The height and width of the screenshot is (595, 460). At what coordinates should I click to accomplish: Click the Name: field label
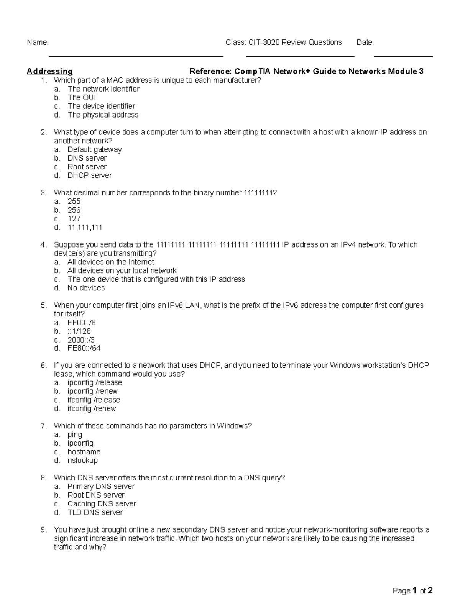pyautogui.click(x=38, y=43)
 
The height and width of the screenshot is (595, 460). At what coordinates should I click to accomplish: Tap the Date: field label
pyautogui.click(x=365, y=43)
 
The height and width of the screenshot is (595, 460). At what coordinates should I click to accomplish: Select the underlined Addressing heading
pyautogui.click(x=49, y=72)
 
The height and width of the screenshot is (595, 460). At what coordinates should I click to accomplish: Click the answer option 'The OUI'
pyautogui.click(x=82, y=98)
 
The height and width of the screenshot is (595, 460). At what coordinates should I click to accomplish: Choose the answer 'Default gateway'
pyautogui.click(x=95, y=150)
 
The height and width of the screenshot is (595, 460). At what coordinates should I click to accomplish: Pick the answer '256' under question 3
pyautogui.click(x=74, y=210)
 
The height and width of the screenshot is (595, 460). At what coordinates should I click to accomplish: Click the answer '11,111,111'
pyautogui.click(x=85, y=228)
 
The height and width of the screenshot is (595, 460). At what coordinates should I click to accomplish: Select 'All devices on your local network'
pyautogui.click(x=122, y=271)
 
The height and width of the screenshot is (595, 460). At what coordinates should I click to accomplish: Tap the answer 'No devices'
pyautogui.click(x=86, y=288)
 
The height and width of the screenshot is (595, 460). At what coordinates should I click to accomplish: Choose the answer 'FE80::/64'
pyautogui.click(x=84, y=348)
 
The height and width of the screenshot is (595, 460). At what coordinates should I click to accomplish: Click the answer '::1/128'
pyautogui.click(x=79, y=331)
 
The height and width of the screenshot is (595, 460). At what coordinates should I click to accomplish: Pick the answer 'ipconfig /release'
pyautogui.click(x=95, y=383)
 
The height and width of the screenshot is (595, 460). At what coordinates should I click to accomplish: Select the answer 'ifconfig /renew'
pyautogui.click(x=92, y=409)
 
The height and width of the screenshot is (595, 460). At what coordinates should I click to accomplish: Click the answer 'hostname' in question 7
pyautogui.click(x=84, y=452)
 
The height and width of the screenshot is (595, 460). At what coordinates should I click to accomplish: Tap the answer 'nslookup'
pyautogui.click(x=82, y=461)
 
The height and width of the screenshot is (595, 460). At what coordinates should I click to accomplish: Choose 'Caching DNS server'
pyautogui.click(x=102, y=504)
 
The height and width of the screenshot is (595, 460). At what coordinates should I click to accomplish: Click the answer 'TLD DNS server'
pyautogui.click(x=95, y=513)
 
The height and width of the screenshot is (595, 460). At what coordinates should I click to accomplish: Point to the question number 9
pyautogui.click(x=44, y=530)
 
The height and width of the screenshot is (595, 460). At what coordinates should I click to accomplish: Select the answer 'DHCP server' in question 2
pyautogui.click(x=90, y=175)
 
